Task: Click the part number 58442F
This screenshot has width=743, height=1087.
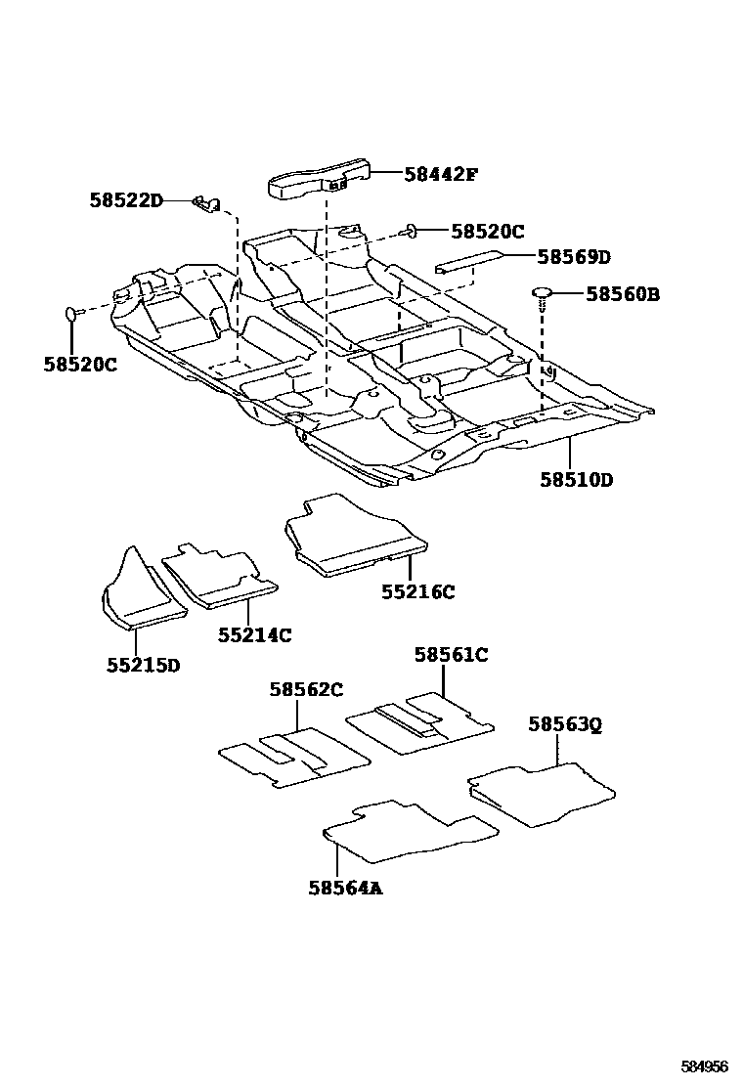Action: [x=441, y=175]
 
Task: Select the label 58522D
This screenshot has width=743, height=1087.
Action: [x=125, y=200]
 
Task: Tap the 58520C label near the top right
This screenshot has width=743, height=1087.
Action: [x=488, y=232]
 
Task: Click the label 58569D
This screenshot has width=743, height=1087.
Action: [x=574, y=257]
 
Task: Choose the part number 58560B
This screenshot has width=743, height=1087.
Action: [x=622, y=293]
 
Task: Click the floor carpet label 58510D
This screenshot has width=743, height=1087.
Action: [x=576, y=480]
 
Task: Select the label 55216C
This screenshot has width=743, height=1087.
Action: [x=417, y=591]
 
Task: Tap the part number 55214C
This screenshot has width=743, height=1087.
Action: [x=254, y=634]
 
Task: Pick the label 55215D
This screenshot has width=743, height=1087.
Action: [x=143, y=665]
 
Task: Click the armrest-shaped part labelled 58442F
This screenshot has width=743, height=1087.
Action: [x=318, y=180]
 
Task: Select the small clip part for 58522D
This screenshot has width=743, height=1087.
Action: [x=203, y=202]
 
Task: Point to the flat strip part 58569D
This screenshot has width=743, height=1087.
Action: [x=468, y=262]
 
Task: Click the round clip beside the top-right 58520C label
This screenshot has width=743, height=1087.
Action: [x=413, y=231]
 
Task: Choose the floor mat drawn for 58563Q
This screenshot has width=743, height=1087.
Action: [x=543, y=790]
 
